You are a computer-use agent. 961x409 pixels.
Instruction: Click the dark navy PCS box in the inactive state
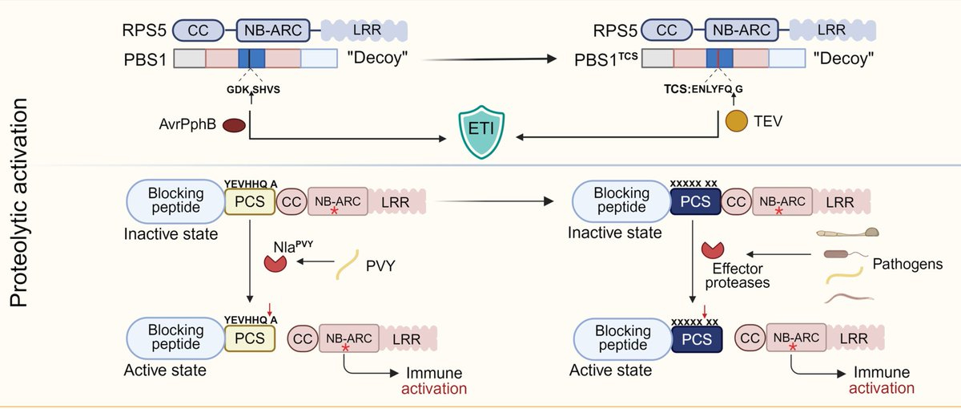694,201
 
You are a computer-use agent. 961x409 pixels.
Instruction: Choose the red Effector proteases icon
713,253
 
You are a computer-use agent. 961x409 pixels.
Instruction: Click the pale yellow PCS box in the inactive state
248,201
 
